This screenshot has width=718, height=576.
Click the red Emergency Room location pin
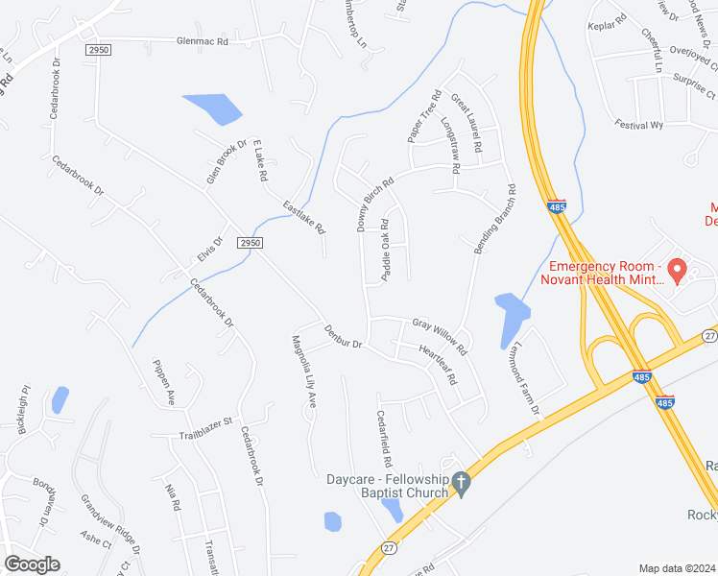point(677,271)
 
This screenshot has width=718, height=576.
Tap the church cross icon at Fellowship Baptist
point(461,485)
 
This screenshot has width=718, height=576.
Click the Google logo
point(32,564)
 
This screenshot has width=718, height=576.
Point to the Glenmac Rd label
point(203,42)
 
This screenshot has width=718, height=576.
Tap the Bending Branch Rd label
point(494,219)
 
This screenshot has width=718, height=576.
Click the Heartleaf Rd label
point(438,365)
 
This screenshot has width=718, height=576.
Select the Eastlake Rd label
point(304,217)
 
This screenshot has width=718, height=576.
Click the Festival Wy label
point(640,125)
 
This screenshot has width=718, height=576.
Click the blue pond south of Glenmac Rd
point(213,108)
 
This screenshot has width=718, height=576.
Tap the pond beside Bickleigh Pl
point(60,399)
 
